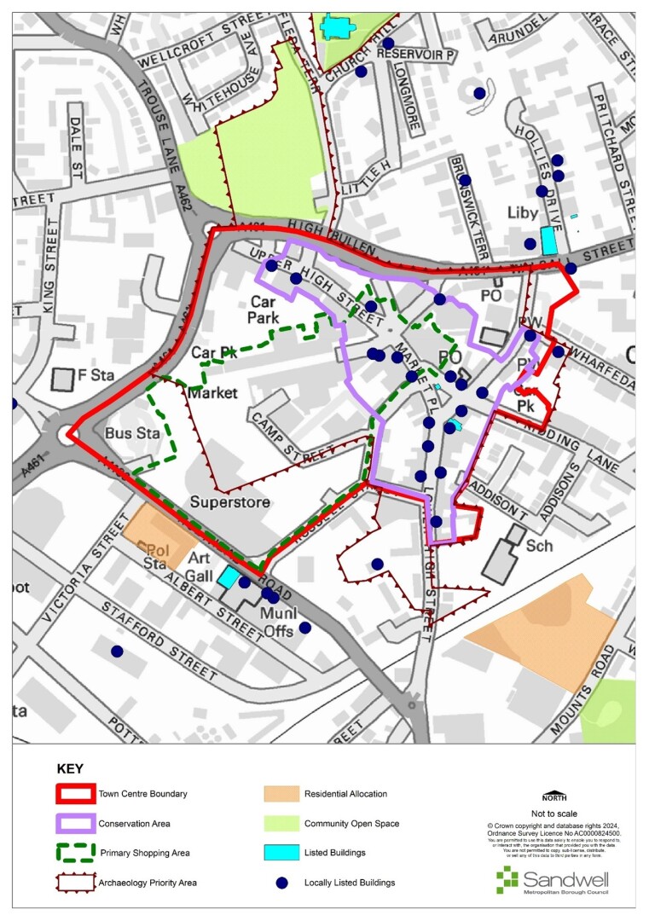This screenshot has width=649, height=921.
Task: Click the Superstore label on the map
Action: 230,502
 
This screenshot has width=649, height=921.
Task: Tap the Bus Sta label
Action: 126,434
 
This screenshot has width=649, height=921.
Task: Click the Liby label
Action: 524,212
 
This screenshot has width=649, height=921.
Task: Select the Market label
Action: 213,393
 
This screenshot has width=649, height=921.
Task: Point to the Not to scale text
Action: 554,814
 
